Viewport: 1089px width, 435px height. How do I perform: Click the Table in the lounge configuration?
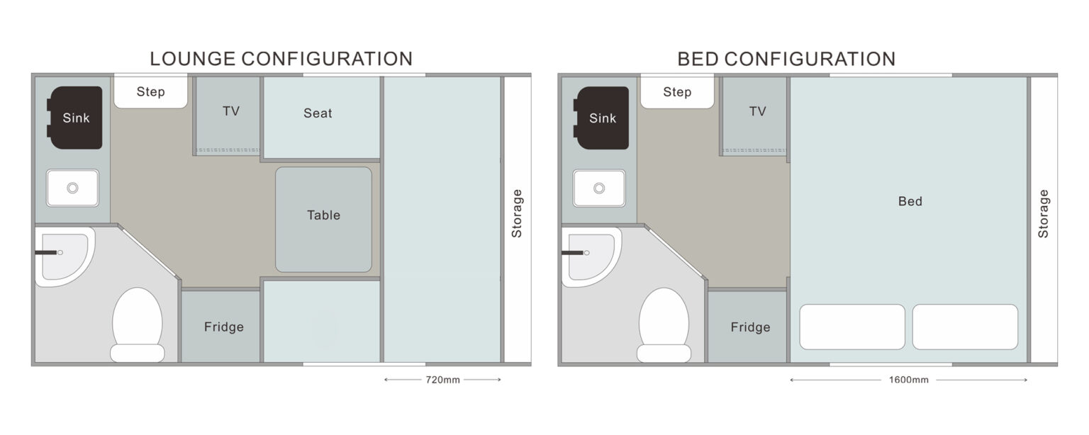(323, 220)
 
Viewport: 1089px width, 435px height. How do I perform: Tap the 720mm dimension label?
(442, 380)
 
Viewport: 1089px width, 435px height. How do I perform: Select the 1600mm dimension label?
(909, 380)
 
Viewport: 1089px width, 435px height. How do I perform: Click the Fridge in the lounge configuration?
(221, 327)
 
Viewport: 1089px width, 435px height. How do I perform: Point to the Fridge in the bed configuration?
(748, 327)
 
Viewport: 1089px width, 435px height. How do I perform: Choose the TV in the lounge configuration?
(228, 115)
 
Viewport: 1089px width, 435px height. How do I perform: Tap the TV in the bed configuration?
(754, 115)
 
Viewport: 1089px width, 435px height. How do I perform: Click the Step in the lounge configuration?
(151, 91)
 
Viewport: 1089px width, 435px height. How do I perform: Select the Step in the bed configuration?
(677, 91)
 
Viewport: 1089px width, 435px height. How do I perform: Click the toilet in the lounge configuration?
(137, 324)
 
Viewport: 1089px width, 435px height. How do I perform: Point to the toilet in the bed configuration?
(664, 324)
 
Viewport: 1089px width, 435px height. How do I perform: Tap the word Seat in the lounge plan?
(318, 113)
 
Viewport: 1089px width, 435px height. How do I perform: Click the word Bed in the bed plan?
(910, 201)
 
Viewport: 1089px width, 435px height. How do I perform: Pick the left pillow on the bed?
(852, 327)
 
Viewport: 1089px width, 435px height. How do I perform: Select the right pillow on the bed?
(965, 327)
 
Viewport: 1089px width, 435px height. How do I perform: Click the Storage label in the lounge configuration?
(516, 213)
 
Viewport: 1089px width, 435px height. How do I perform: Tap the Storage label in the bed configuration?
(1043, 213)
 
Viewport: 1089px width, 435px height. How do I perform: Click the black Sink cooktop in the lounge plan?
(74, 118)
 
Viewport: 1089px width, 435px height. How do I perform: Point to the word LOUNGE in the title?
(193, 59)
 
